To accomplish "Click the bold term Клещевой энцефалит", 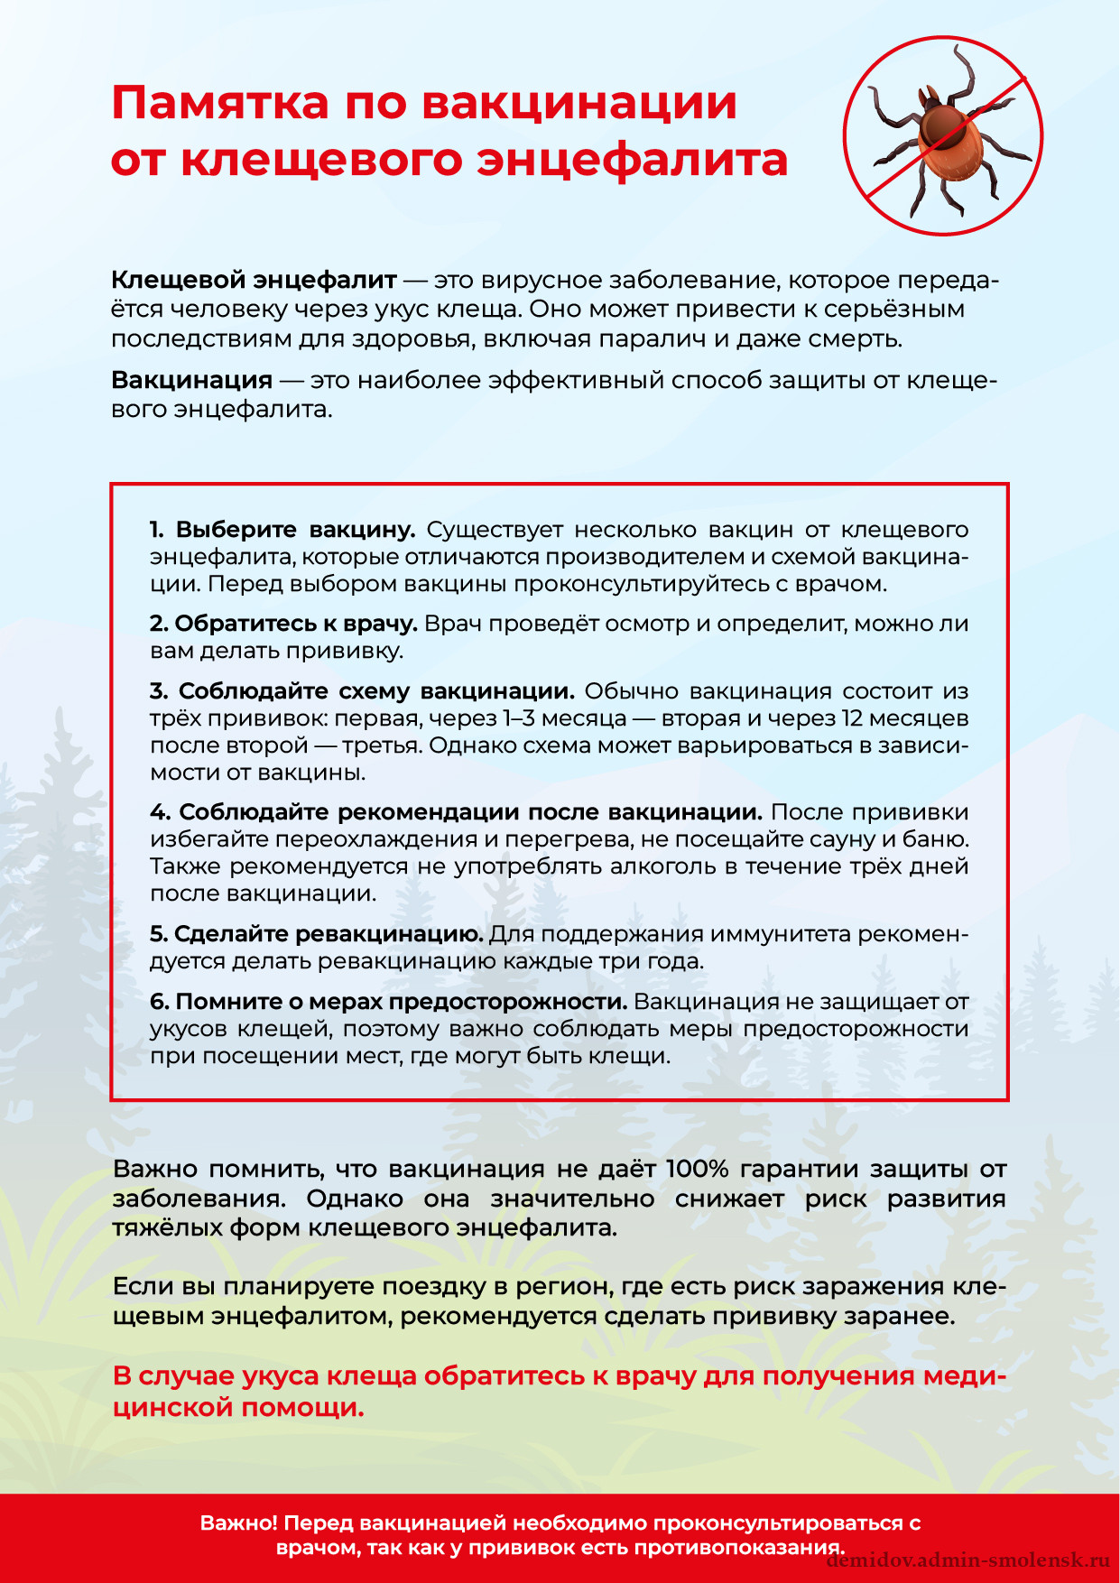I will tap(254, 280).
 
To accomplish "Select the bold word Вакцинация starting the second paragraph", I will tap(191, 380).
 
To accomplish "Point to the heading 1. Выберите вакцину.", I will tap(282, 529).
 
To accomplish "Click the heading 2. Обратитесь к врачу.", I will tap(282, 624).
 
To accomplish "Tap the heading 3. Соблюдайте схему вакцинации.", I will tap(362, 691).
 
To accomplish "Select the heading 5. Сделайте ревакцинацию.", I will tap(316, 934).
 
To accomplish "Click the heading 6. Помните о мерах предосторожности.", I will tap(388, 1002).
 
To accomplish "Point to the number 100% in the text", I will tap(697, 1169).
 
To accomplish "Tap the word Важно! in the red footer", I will tap(238, 1523).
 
